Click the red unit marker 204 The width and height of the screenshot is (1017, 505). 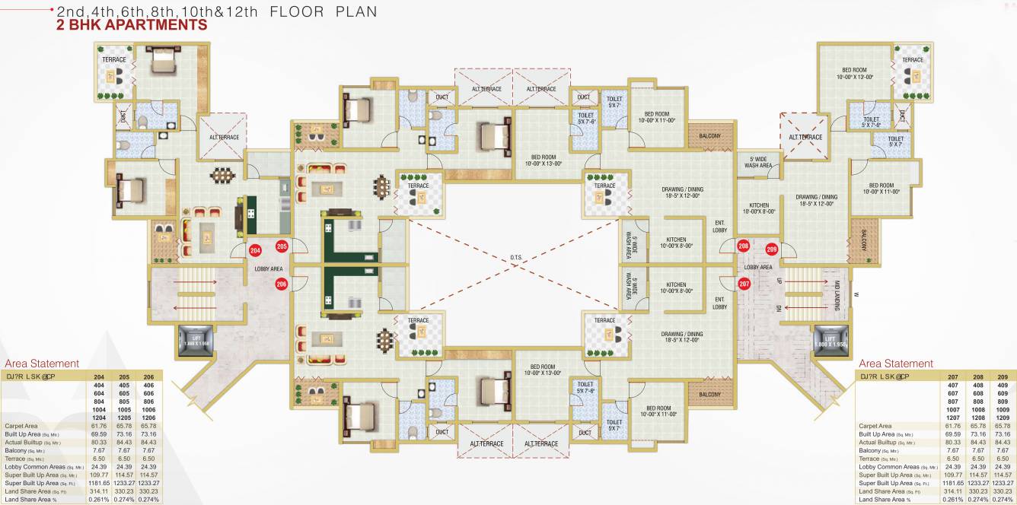pyautogui.click(x=256, y=249)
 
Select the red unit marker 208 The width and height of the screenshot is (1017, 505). pyautogui.click(x=744, y=246)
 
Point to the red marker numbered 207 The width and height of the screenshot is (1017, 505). pyautogui.click(x=744, y=283)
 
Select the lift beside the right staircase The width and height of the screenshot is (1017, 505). pyautogui.click(x=827, y=340)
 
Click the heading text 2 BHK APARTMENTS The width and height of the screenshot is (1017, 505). pyautogui.click(x=132, y=25)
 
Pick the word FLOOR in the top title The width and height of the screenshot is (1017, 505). pyautogui.click(x=295, y=11)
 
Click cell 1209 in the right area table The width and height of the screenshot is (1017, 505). pyautogui.click(x=1003, y=418)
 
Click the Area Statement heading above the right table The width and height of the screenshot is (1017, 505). pyautogui.click(x=895, y=364)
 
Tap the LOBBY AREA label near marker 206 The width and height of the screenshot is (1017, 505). pyautogui.click(x=269, y=268)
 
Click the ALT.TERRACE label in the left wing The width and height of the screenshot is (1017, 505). pyautogui.click(x=225, y=137)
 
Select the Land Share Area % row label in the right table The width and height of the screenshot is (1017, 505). pyautogui.click(x=885, y=500)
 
